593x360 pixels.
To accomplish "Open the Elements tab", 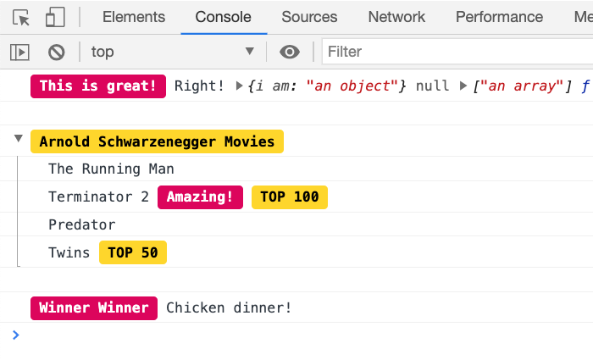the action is [x=134, y=17].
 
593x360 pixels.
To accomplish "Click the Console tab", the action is [x=223, y=17].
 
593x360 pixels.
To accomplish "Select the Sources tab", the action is [x=309, y=17].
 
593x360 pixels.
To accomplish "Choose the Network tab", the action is [x=396, y=17].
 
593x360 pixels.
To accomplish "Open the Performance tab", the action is [x=499, y=17].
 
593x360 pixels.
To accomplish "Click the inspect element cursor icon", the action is [x=21, y=18].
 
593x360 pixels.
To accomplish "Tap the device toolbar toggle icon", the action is [x=55, y=18].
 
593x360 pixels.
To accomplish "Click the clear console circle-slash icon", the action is [x=57, y=52].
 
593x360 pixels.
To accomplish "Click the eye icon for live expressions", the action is [x=290, y=52].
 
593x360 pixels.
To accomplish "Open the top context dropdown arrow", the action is [x=250, y=51].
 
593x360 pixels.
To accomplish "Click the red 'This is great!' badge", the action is [x=98, y=86].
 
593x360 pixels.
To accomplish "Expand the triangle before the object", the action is [x=239, y=86].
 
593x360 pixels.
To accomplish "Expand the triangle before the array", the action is [x=463, y=86].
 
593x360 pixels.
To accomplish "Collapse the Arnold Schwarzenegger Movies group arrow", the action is [x=18, y=138].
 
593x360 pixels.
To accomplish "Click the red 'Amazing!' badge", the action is [x=201, y=197].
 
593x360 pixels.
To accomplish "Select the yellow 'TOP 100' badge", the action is [x=290, y=197].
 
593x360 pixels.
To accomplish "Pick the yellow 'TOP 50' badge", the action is [x=133, y=252].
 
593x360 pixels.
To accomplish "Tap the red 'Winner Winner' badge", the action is [x=94, y=308].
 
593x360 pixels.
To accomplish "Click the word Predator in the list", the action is [x=82, y=225].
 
